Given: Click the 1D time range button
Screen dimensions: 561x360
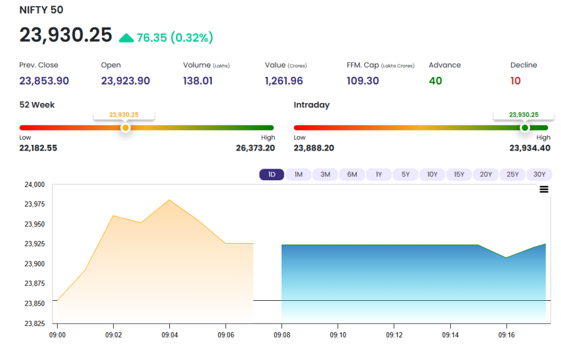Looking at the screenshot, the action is [272, 174].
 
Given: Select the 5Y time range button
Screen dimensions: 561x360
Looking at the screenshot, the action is [405, 174].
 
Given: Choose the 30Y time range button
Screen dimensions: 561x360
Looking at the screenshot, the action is [539, 174].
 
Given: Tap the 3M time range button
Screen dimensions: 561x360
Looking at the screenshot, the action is [325, 174].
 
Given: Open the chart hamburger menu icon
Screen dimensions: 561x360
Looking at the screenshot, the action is [544, 189].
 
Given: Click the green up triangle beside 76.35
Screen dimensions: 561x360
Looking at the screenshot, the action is [127, 38].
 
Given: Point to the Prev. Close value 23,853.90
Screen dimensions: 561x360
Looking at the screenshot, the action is [44, 81].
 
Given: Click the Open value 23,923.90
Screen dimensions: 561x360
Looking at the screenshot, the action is [125, 81].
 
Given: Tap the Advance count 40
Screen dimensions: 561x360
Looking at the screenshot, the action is [436, 81].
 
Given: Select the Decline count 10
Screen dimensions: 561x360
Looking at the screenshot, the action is [516, 81].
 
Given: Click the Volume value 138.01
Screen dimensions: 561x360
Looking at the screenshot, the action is [198, 81].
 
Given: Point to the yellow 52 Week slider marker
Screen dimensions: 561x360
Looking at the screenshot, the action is [125, 128].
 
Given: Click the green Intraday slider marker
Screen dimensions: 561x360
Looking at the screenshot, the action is [525, 128].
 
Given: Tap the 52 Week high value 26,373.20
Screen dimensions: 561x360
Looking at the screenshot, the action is [255, 148].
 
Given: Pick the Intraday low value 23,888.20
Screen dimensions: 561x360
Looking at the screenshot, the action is [314, 148].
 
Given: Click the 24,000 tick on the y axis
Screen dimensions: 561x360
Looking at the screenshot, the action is [35, 185].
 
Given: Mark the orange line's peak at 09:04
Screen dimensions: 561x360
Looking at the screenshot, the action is [169, 199].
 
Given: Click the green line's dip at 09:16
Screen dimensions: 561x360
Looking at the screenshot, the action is [506, 258].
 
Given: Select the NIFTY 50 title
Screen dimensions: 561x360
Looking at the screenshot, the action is [41, 10].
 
